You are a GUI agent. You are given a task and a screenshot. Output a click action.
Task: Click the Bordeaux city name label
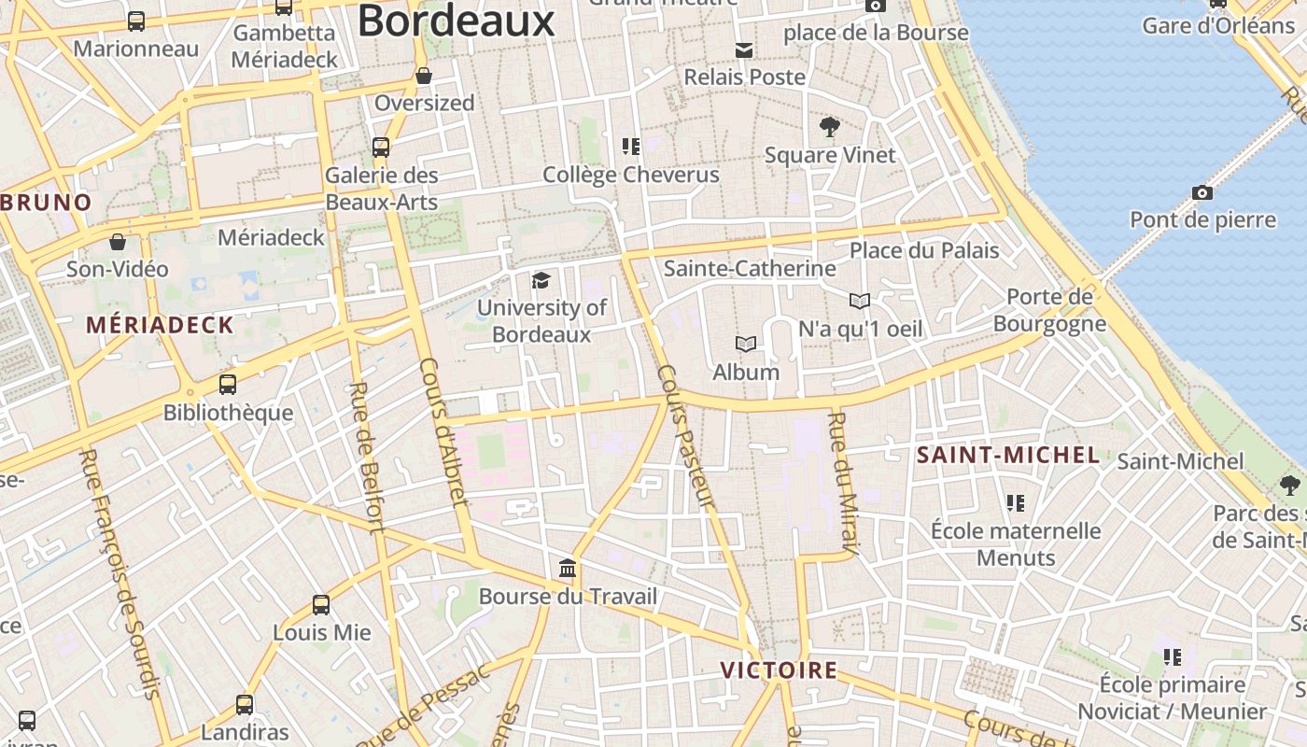(x=456, y=21)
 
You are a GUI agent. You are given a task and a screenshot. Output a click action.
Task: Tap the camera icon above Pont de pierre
(x=1202, y=193)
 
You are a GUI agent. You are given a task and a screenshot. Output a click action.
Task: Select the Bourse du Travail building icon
(x=567, y=569)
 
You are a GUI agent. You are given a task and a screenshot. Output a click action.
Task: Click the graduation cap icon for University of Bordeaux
(x=541, y=280)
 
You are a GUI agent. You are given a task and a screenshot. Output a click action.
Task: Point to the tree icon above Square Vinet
(x=829, y=127)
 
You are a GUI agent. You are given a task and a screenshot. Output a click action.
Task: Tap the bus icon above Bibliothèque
(x=227, y=385)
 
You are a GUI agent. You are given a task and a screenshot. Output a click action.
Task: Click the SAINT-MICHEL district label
(x=1007, y=456)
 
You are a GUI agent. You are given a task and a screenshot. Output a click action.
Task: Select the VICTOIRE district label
(x=778, y=670)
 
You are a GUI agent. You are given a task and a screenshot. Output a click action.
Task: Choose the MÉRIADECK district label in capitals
(x=160, y=325)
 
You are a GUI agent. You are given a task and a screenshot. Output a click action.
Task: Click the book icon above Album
(x=745, y=345)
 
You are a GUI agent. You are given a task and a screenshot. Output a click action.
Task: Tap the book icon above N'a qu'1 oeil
(x=860, y=301)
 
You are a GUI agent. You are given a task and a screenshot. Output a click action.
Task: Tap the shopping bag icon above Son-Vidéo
(x=118, y=243)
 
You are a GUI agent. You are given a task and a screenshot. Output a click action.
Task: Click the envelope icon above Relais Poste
(x=744, y=50)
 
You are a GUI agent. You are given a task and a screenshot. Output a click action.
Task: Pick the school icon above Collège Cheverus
(x=631, y=147)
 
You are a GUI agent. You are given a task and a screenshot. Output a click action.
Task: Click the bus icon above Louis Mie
(x=321, y=605)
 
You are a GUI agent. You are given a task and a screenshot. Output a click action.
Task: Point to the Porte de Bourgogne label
(x=1049, y=310)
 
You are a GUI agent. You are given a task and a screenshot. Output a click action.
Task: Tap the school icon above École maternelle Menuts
(x=1016, y=504)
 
